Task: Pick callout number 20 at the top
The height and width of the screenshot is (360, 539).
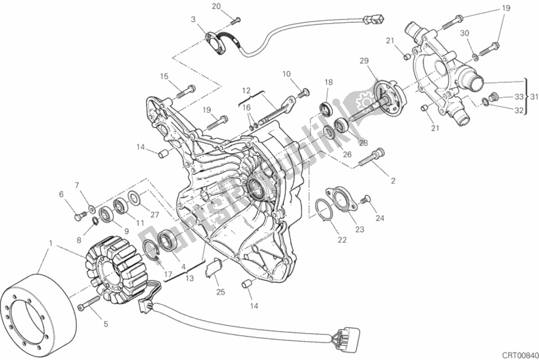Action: tap(216, 7)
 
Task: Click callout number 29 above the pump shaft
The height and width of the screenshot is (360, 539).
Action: tap(365, 62)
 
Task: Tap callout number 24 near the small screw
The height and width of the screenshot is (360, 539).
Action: tap(380, 218)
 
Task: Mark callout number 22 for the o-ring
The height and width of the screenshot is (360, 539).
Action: tap(342, 239)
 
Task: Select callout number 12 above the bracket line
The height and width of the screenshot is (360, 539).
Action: tap(246, 90)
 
